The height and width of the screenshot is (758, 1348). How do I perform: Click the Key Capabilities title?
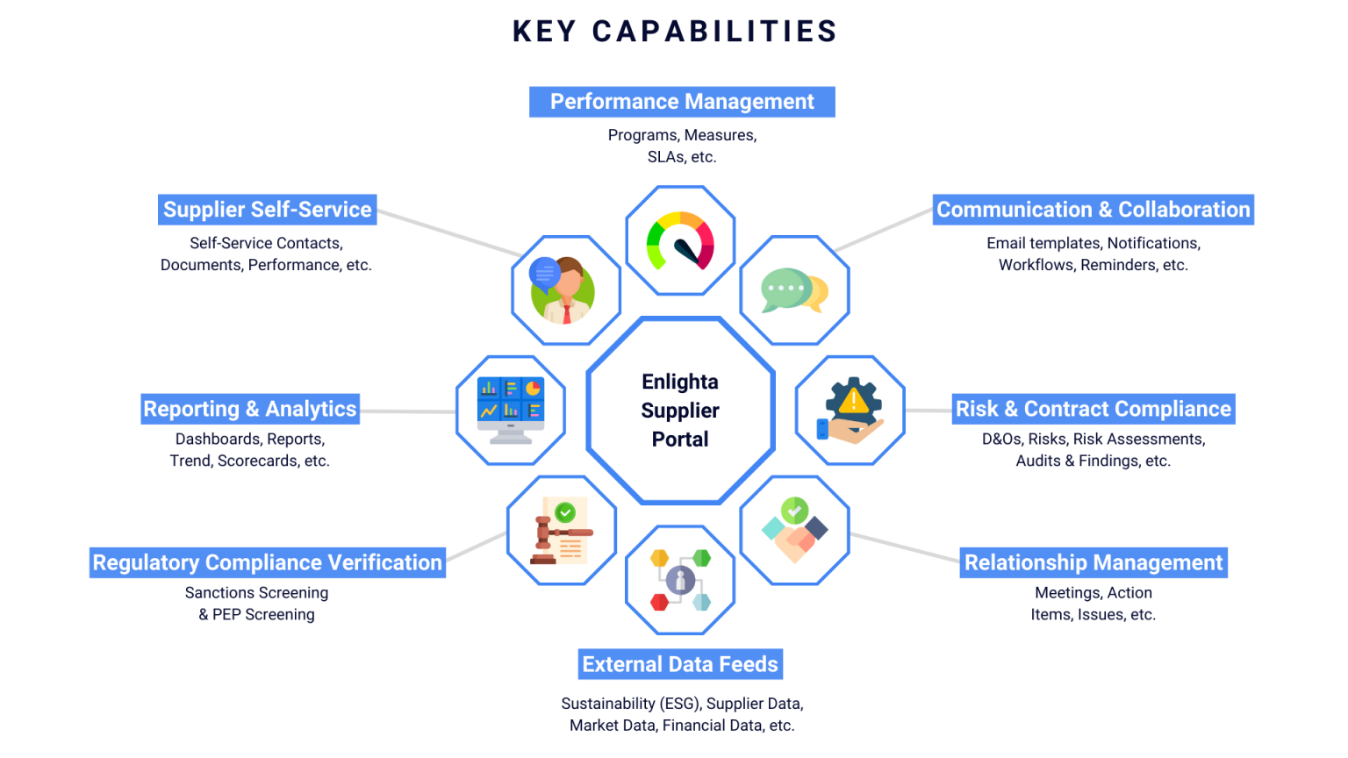click(674, 32)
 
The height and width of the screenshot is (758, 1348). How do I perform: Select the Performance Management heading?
click(682, 102)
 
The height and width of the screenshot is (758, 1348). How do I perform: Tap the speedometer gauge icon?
click(680, 241)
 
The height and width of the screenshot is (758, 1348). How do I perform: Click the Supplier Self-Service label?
click(268, 210)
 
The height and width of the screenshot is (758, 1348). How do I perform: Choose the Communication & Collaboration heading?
click(1093, 210)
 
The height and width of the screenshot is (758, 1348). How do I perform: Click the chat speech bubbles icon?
click(794, 290)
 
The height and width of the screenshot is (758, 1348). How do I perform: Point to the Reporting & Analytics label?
click(250, 409)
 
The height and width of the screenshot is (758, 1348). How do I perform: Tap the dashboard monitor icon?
click(511, 410)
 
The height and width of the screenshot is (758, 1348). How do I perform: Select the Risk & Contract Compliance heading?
click(1093, 409)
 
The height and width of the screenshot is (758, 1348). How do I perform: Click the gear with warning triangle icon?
click(850, 410)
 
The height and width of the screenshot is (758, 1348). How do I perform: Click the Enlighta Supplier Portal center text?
click(680, 411)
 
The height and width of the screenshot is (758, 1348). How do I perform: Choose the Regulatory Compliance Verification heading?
click(268, 562)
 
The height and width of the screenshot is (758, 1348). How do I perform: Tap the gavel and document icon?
click(562, 531)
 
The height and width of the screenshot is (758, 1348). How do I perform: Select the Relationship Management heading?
click(1093, 562)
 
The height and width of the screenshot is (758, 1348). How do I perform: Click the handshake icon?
click(794, 531)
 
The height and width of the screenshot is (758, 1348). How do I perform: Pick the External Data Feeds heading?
click(680, 664)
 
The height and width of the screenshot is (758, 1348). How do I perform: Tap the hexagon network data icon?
click(680, 580)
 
